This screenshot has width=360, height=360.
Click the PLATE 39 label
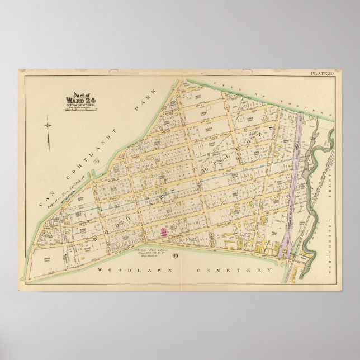(x=322, y=73)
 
